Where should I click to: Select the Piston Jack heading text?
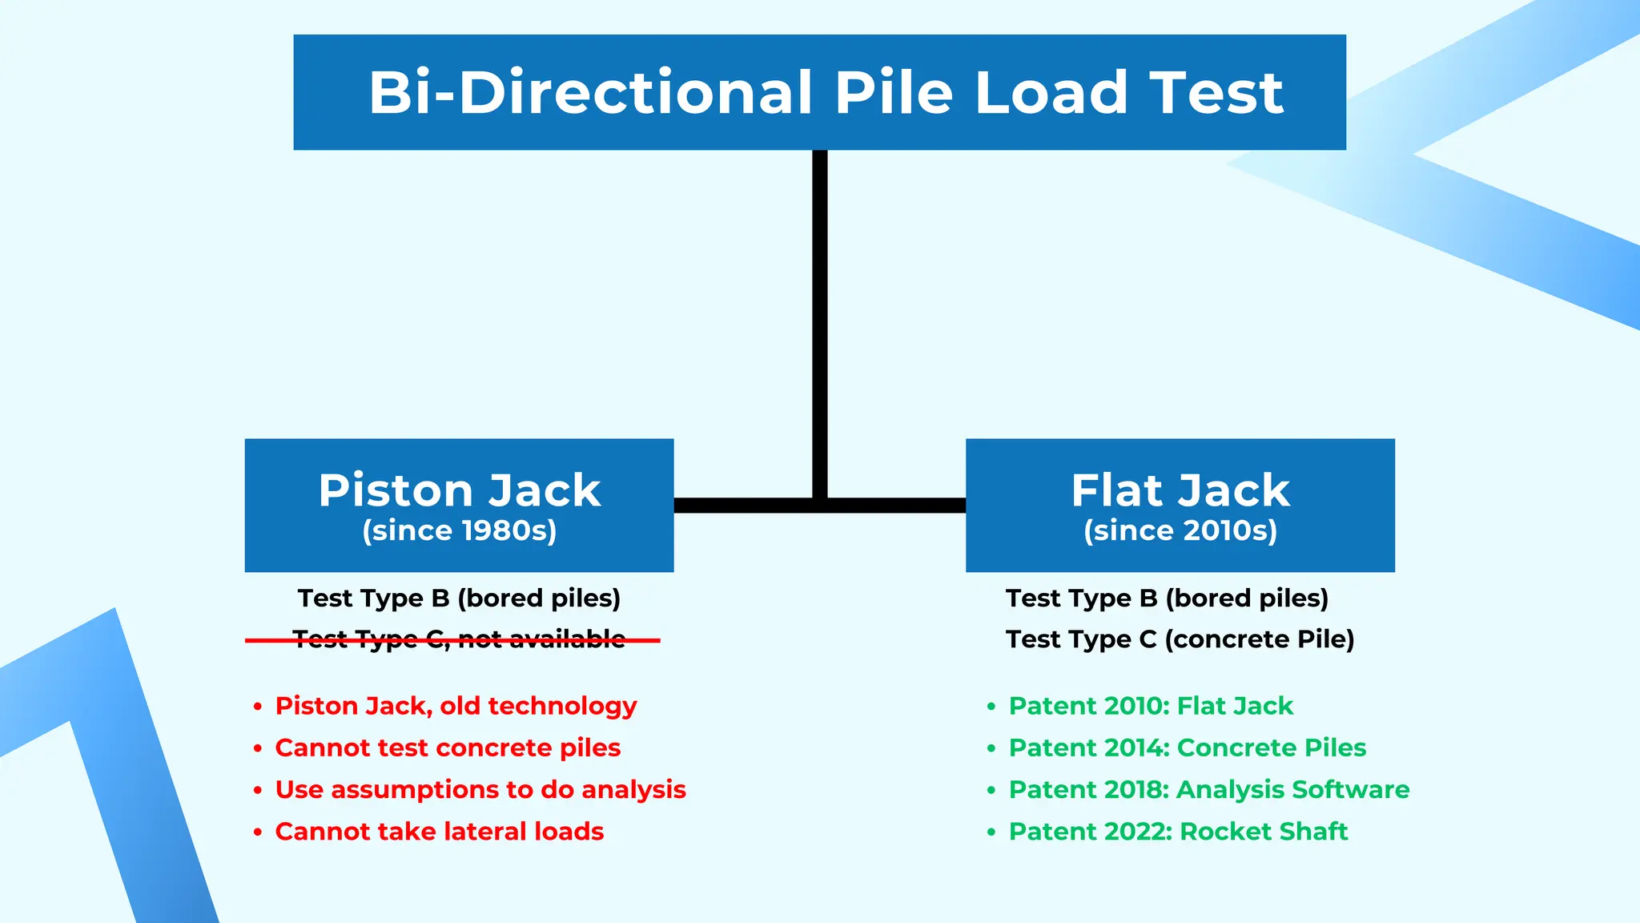459,490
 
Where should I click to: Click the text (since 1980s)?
459,530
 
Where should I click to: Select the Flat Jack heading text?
1180,490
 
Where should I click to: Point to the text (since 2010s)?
1180,530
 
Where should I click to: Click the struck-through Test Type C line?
459,639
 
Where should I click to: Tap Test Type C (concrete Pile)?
1180,639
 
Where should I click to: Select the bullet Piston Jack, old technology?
456,706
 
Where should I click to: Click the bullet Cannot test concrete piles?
448,748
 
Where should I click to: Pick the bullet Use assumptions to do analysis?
480,790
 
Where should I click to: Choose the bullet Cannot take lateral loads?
439,832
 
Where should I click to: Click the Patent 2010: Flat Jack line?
1151,706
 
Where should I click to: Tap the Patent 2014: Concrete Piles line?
1187,748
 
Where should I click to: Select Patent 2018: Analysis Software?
1208,790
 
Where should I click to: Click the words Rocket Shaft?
1264,832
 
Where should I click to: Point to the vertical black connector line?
819,320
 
